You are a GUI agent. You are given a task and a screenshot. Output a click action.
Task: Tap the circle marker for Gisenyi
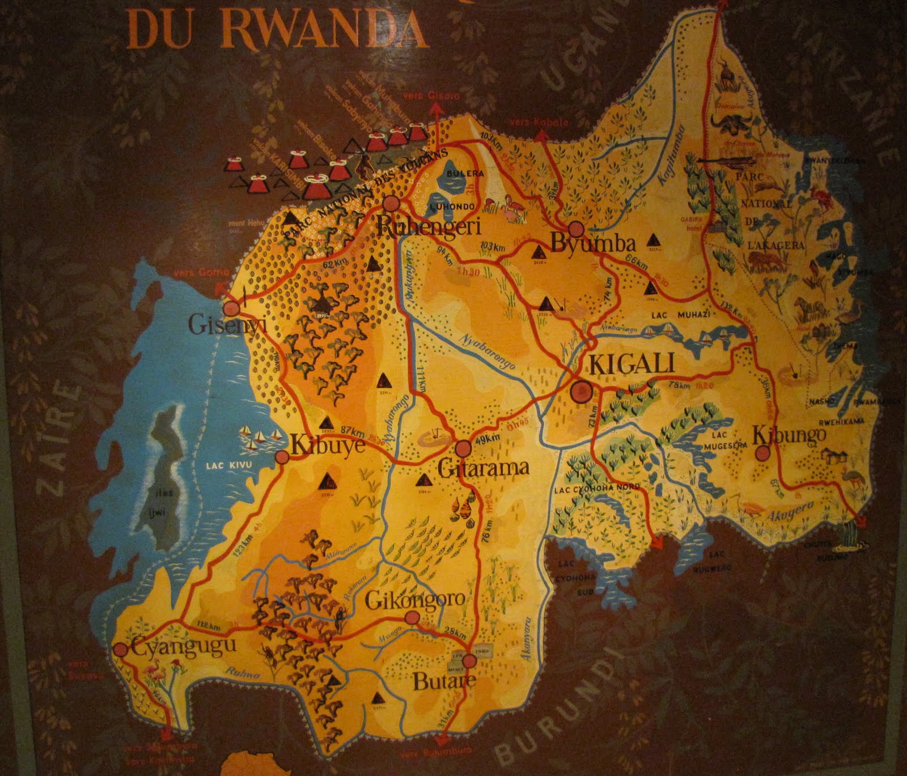[231, 309]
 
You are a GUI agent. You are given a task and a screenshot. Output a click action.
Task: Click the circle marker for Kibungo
[764, 453]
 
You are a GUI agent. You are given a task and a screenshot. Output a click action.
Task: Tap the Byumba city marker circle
[576, 229]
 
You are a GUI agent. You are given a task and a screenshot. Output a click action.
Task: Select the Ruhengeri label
[429, 227]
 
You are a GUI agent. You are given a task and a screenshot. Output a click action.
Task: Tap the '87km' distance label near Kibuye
[354, 430]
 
